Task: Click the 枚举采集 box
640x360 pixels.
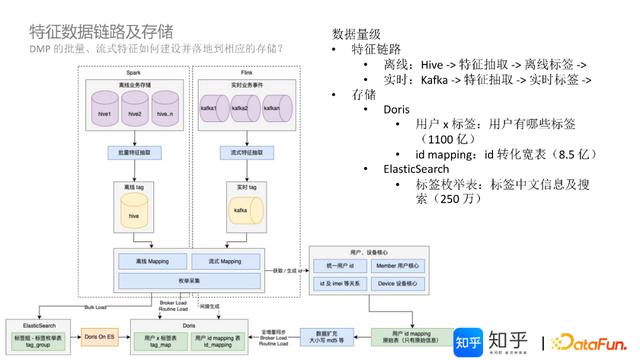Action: [188, 280]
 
